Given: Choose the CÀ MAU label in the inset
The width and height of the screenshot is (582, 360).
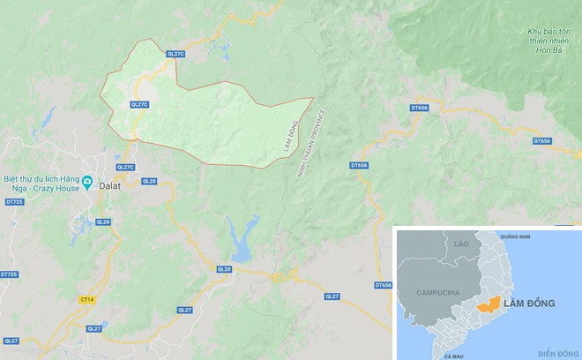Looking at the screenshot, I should pos(454,355).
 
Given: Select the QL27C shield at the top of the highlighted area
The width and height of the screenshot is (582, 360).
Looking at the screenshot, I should pos(175,54).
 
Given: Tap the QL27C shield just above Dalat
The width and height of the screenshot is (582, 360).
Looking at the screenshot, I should pos(125,167).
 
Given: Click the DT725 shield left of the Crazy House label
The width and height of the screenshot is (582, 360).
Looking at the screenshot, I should pos(12,202).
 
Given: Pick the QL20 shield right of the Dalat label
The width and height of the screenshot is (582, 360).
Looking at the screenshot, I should pos(148,181).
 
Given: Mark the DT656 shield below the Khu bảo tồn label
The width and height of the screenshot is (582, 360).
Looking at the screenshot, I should pos(419,108).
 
